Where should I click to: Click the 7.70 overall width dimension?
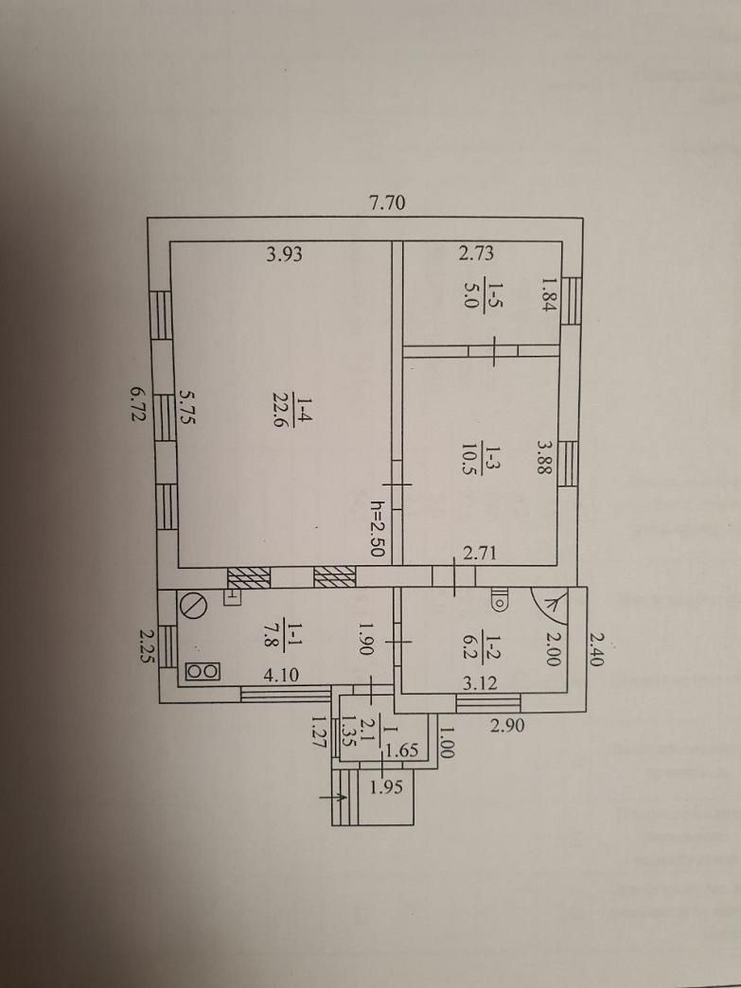387,203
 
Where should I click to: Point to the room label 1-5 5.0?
481,292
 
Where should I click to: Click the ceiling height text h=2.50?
377,528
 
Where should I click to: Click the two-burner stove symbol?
203,672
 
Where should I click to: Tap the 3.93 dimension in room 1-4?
284,254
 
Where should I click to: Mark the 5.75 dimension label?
187,406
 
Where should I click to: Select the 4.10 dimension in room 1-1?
282,675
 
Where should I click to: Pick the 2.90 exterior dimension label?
506,725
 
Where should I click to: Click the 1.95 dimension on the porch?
385,786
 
